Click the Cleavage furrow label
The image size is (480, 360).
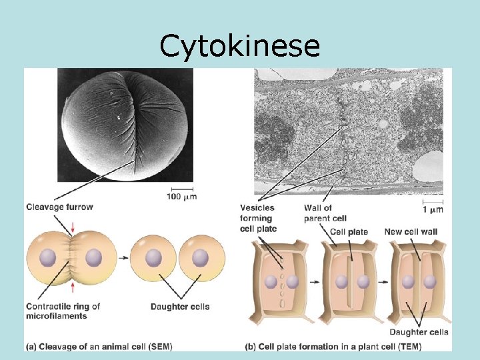tap(60, 207)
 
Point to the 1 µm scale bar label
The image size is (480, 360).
tap(433, 209)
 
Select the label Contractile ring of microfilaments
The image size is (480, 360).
tap(63, 311)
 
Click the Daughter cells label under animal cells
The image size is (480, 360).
tap(180, 307)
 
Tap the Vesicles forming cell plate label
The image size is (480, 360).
tap(257, 219)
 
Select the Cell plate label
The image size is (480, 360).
tap(349, 232)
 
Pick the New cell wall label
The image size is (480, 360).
tap(412, 232)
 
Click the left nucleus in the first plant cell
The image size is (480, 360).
tap(271, 282)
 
